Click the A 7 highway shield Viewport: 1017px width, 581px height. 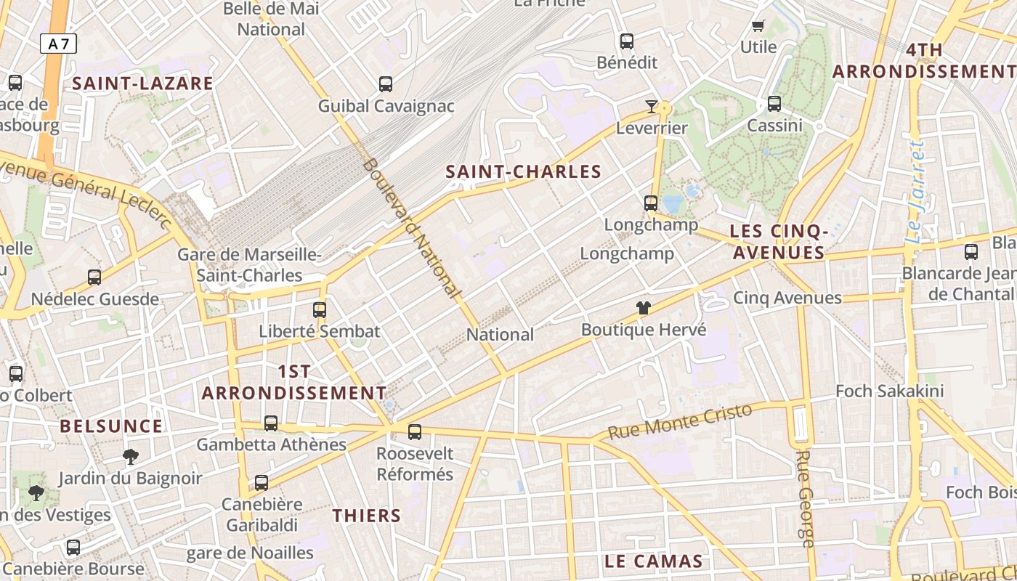pos(58,44)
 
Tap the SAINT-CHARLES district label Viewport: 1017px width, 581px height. pos(523,172)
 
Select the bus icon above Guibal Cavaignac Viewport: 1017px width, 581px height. pos(386,84)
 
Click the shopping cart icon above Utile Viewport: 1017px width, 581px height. pos(758,26)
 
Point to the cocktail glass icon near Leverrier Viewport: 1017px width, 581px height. pos(651,107)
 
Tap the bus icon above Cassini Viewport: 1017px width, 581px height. pos(774,104)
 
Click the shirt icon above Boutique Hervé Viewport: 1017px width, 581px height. pos(643,308)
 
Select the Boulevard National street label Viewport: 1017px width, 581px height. pos(411,228)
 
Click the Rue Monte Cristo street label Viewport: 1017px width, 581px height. pos(680,421)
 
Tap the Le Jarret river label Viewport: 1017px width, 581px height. pos(917,192)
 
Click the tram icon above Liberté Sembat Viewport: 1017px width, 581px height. pos(319,310)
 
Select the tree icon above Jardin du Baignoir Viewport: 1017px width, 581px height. pos(131,456)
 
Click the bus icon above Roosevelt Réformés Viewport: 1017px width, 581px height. pos(415,432)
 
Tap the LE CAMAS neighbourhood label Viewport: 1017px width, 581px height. pos(654,561)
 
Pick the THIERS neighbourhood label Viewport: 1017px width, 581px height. pos(367,516)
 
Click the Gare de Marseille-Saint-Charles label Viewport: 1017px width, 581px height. pos(249,265)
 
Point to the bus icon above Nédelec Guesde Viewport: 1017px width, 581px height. pos(94,277)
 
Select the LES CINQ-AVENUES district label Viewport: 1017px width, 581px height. pos(778,242)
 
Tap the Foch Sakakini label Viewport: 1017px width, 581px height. pos(889,391)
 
